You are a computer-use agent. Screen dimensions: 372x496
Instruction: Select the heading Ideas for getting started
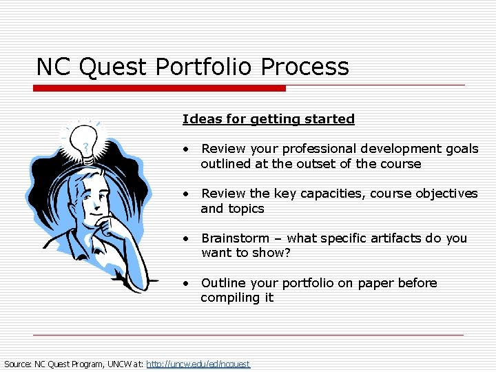pos(268,119)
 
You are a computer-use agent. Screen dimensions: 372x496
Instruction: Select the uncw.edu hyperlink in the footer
pos(198,364)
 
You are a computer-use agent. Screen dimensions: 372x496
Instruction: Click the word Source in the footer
pos(17,364)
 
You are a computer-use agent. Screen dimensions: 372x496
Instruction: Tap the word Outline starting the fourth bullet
pos(223,283)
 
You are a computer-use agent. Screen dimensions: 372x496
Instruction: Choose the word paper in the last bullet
pos(382,283)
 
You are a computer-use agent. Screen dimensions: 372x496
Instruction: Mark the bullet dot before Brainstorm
pos(186,238)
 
